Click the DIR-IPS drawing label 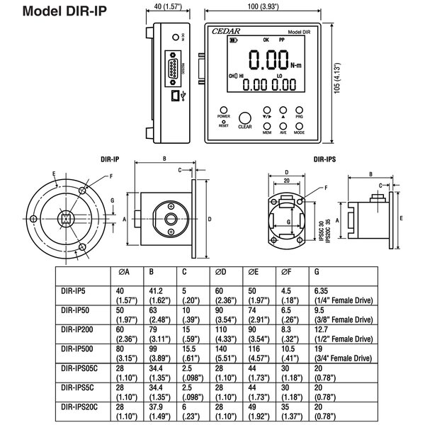point(324,160)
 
